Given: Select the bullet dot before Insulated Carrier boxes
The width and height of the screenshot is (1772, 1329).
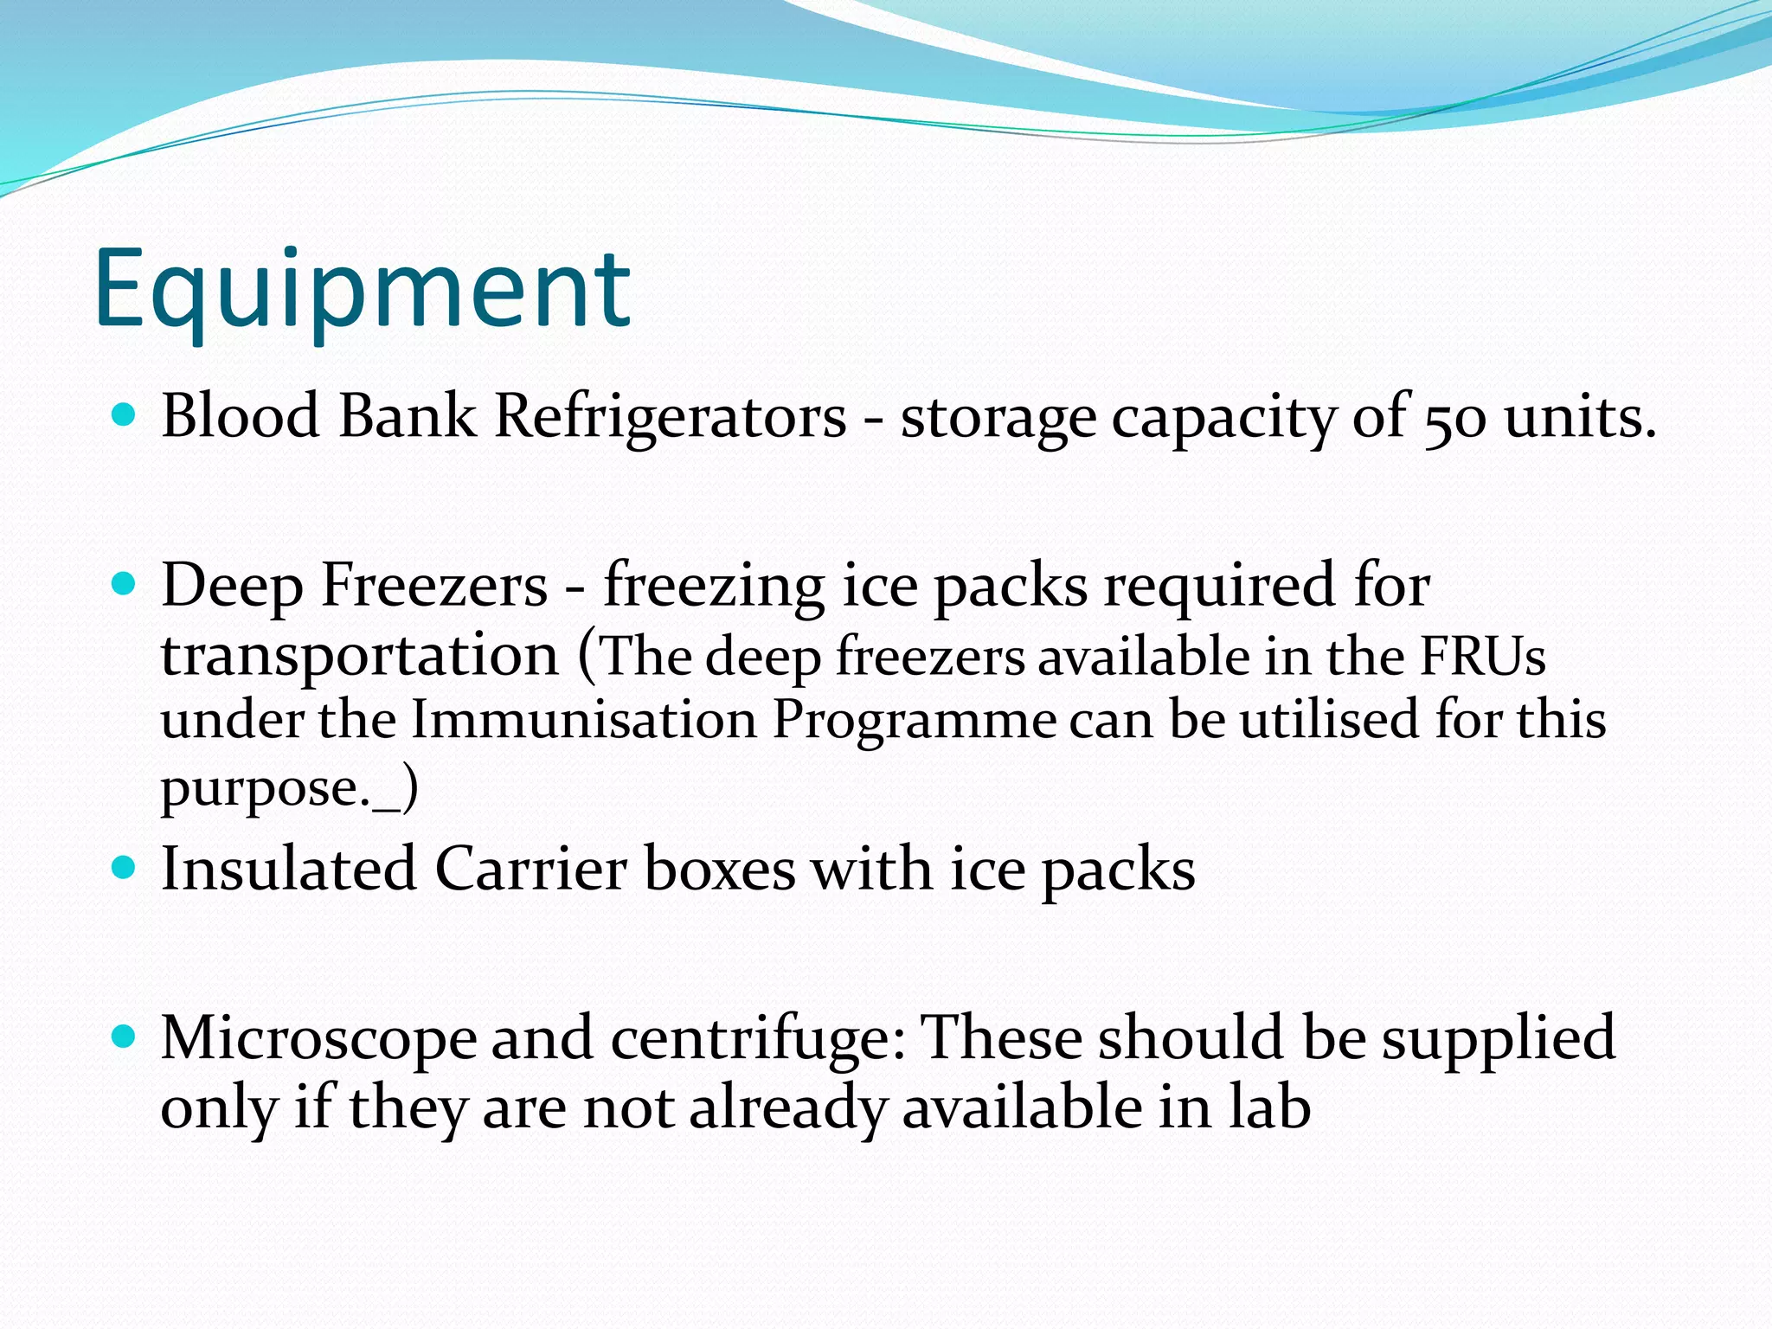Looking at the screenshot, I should [x=125, y=868].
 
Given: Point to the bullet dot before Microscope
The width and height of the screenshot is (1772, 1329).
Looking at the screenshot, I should [x=125, y=1037].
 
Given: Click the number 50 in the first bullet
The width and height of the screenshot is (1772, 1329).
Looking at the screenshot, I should [x=1455, y=419].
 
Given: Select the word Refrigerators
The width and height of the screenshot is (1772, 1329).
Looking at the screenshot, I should [x=670, y=417].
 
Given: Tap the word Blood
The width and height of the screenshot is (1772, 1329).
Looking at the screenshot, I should [x=241, y=417].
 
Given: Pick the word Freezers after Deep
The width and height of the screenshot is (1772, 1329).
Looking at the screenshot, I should [x=434, y=586].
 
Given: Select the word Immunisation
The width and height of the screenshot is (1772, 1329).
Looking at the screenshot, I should [x=584, y=720].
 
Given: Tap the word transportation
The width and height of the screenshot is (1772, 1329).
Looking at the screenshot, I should [x=360, y=657].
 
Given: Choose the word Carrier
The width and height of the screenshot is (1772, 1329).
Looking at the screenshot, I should [x=530, y=869].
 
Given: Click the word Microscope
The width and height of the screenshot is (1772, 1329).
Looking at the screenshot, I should [x=318, y=1039].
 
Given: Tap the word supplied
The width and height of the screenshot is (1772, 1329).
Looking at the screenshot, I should [x=1498, y=1039].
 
